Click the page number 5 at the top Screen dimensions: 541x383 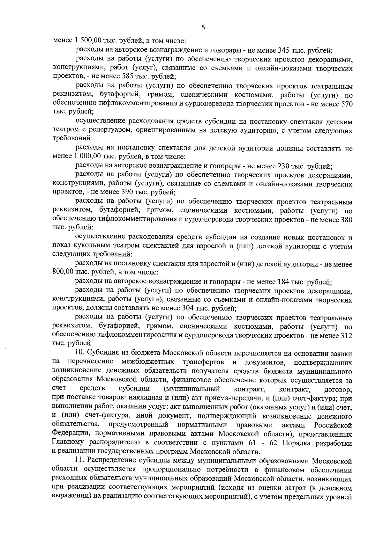(x=203, y=28)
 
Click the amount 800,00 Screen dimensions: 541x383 (x=63, y=273)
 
